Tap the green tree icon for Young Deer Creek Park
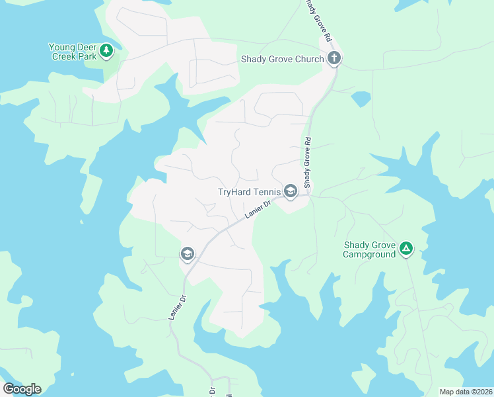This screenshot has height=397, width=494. [106, 50]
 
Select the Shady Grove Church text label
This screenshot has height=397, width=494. [281, 59]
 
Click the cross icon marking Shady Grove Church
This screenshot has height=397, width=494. [334, 58]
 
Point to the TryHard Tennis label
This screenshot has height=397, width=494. [249, 193]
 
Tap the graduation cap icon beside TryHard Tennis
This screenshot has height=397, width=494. [290, 192]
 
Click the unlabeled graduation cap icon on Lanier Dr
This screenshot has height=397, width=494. [187, 254]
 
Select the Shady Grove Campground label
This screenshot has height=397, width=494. [369, 249]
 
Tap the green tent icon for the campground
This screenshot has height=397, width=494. [406, 249]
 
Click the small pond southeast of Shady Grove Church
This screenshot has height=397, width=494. [361, 99]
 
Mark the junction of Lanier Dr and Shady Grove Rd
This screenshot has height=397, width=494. [307, 195]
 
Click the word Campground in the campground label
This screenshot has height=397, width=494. [369, 254]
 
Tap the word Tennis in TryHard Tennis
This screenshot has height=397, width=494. [267, 193]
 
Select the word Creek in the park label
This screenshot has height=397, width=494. [65, 56]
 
